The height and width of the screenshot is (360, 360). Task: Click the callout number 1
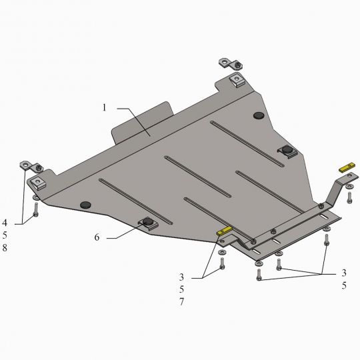[x=105, y=107]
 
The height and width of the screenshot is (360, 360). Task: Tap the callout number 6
[x=97, y=237]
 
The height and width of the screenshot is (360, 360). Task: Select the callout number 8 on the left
[x=5, y=248]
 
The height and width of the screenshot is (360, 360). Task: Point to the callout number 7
[x=181, y=302]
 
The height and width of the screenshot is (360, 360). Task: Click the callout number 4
[x=5, y=223]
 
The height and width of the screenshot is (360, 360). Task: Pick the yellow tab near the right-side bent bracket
[x=347, y=167]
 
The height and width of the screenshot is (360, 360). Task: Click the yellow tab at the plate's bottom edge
[x=225, y=231]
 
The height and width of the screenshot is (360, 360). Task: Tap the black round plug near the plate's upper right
[x=259, y=115]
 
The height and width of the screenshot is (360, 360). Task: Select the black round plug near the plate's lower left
[x=85, y=205]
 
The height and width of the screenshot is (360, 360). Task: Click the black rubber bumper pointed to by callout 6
[x=148, y=221]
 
